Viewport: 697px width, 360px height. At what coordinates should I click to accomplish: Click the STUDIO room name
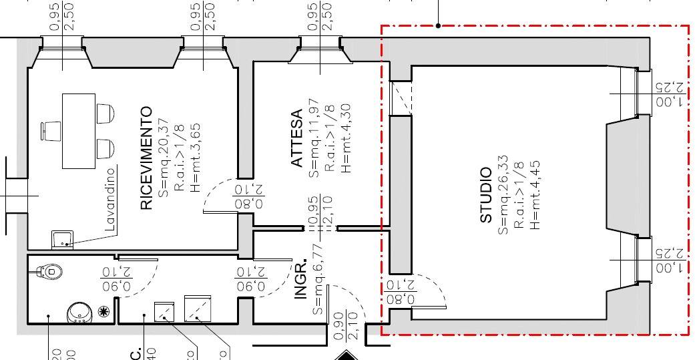(x=486, y=196)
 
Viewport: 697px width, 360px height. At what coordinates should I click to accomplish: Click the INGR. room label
(x=302, y=278)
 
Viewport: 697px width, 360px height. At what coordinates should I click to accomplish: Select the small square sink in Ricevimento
(x=62, y=238)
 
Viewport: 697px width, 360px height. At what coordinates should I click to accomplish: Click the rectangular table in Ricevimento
(x=79, y=131)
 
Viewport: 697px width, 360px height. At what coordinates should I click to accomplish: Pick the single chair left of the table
(x=52, y=131)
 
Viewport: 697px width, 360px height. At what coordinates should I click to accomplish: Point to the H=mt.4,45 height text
(x=533, y=196)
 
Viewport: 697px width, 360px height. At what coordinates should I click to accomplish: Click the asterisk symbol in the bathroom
(x=102, y=311)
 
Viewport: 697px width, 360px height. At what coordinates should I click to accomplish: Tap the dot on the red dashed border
(x=438, y=26)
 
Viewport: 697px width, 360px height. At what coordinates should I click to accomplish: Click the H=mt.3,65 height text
(x=194, y=158)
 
